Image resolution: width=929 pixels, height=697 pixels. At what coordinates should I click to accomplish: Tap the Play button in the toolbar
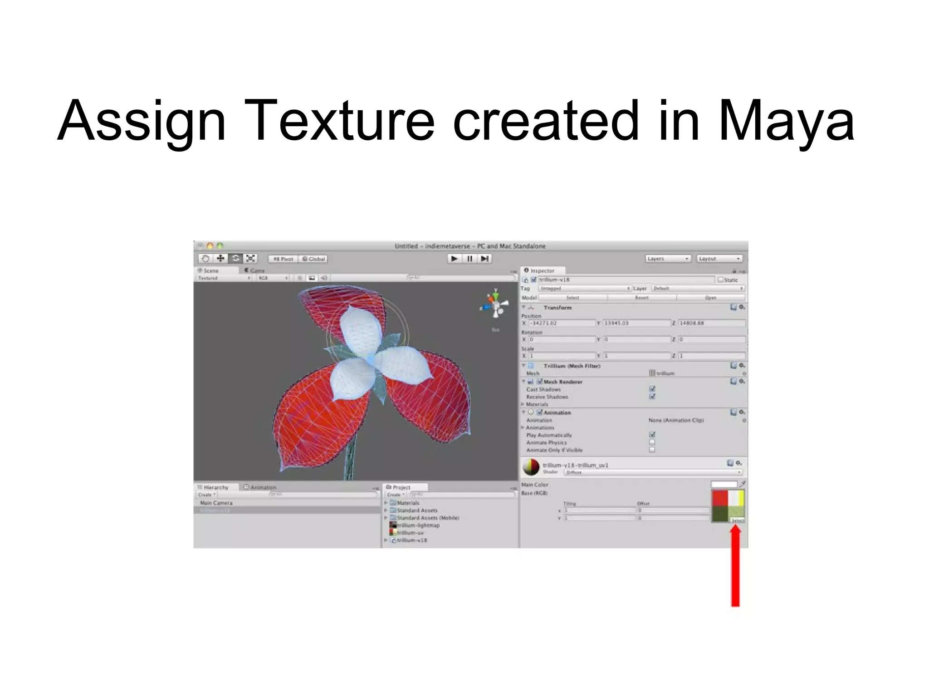pyautogui.click(x=454, y=259)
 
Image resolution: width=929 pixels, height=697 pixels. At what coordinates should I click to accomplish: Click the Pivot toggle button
pyautogui.click(x=283, y=259)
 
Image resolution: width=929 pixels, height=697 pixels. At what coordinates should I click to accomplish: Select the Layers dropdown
pyautogui.click(x=668, y=259)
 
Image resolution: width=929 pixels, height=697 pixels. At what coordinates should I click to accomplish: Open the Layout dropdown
pyautogui.click(x=719, y=259)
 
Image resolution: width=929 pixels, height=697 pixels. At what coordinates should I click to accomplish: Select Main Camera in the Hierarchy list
pyautogui.click(x=216, y=503)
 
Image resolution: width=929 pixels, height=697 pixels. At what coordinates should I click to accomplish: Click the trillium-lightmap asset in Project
pyautogui.click(x=417, y=525)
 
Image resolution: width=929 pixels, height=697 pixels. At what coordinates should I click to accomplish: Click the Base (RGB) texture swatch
pyautogui.click(x=727, y=505)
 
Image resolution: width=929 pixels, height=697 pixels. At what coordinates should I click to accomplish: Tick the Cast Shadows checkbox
pyautogui.click(x=652, y=389)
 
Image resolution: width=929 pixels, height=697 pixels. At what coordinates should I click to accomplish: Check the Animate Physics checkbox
pyautogui.click(x=652, y=442)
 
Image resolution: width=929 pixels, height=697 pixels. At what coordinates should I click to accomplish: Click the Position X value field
pyautogui.click(x=562, y=323)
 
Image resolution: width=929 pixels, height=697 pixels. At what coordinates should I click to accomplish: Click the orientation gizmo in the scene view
pyautogui.click(x=495, y=305)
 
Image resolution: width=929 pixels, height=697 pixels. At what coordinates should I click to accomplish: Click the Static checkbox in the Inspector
pyautogui.click(x=720, y=280)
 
